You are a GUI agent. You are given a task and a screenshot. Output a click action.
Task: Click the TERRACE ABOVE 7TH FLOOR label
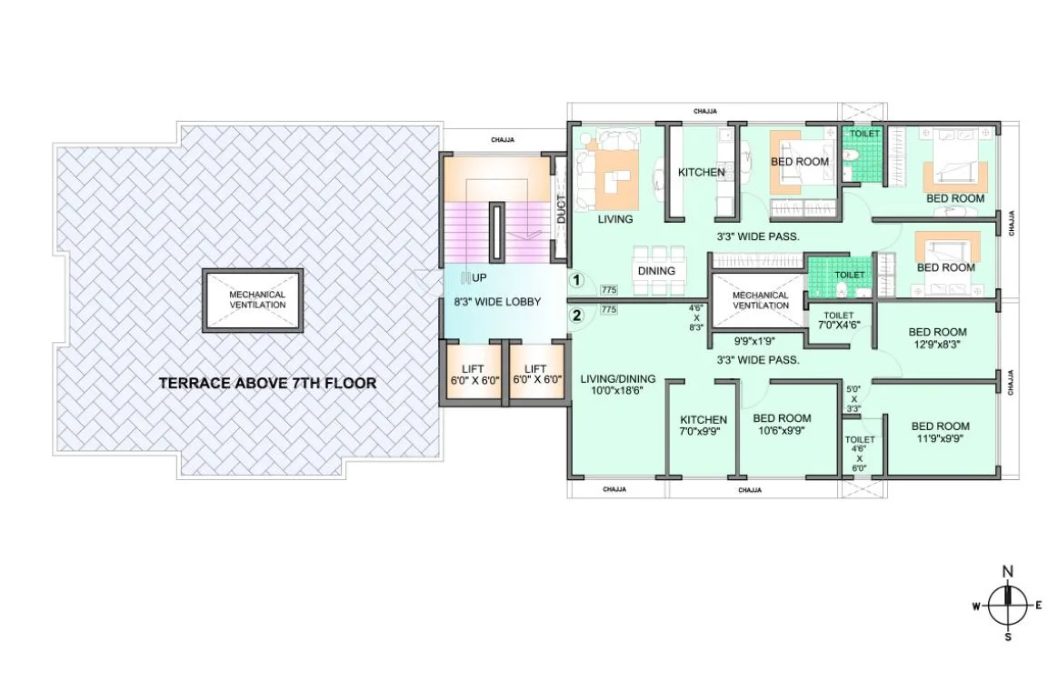(267, 384)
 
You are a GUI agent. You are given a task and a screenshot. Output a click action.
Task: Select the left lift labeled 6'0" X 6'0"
(470, 374)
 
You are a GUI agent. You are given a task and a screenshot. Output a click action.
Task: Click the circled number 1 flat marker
(574, 281)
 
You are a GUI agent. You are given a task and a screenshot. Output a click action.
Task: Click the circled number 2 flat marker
(574, 316)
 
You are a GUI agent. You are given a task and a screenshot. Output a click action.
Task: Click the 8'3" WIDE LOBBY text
(497, 302)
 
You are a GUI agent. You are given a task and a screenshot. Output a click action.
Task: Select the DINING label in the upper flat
(656, 271)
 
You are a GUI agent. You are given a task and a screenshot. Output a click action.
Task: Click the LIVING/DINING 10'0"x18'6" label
(617, 385)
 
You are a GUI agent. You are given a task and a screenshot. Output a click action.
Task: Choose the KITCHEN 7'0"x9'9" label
(704, 426)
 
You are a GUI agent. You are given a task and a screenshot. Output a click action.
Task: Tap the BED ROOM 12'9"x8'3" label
(936, 338)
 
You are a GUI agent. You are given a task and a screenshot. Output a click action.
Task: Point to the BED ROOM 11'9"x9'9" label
(940, 431)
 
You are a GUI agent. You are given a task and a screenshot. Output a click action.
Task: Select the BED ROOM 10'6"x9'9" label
(782, 425)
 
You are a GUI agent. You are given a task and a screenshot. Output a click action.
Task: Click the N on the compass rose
(1006, 572)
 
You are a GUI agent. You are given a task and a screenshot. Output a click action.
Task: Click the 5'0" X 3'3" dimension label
(854, 398)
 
